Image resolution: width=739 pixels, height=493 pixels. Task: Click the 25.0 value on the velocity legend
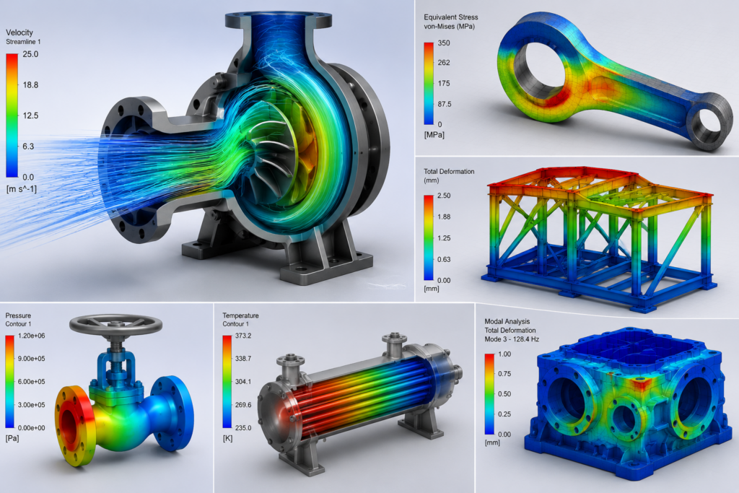pyautogui.click(x=30, y=54)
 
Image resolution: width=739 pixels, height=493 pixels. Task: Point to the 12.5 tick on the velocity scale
pyautogui.click(x=30, y=115)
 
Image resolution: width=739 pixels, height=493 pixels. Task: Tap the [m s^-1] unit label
pyautogui.click(x=21, y=189)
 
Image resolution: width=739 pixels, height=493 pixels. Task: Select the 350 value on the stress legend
pyautogui.click(x=444, y=43)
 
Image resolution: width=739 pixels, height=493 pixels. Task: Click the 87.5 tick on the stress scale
pyautogui.click(x=445, y=104)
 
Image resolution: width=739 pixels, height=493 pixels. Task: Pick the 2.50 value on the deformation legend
pyautogui.click(x=444, y=196)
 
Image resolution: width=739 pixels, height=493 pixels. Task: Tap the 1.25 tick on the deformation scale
pyautogui.click(x=444, y=238)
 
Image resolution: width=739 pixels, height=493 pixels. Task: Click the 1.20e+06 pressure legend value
pyautogui.click(x=32, y=336)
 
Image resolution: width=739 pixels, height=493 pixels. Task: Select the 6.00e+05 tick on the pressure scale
pyautogui.click(x=32, y=382)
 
